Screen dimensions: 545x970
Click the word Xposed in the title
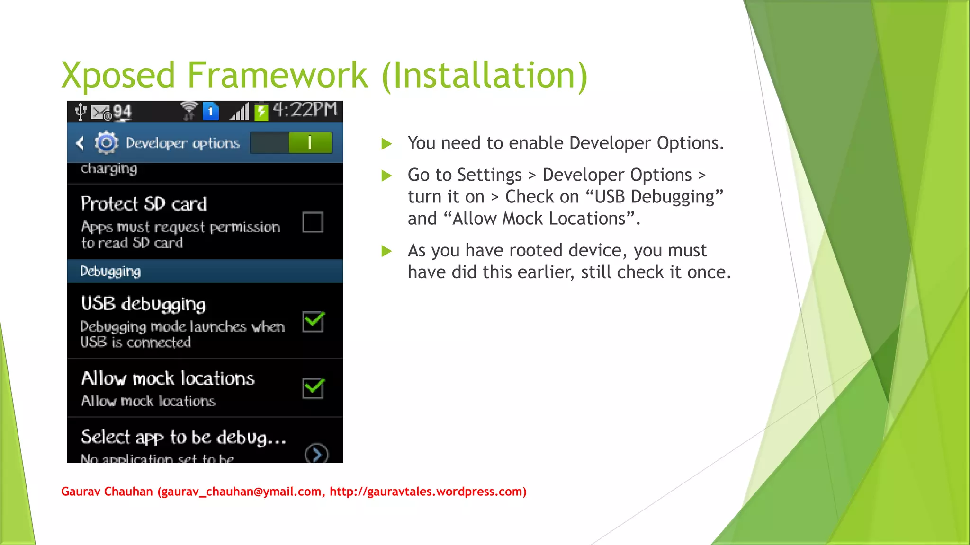[x=118, y=76]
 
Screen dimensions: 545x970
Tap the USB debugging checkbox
[x=313, y=322]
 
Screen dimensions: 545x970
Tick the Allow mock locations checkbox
[x=313, y=388]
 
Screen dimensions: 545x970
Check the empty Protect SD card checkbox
[x=313, y=222]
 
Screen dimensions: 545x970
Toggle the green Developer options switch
[x=291, y=142]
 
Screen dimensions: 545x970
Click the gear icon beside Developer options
[x=106, y=142]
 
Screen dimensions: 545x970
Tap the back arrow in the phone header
[x=80, y=143]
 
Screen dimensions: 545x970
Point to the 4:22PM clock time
[x=305, y=110]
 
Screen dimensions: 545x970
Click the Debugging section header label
[x=110, y=272]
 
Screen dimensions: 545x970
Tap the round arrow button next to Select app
[x=317, y=454]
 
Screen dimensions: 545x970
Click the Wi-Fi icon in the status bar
[x=189, y=111]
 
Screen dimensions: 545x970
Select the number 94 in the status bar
[x=122, y=112]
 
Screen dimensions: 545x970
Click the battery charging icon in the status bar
[x=261, y=112]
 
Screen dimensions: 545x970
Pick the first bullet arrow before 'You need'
[x=387, y=144]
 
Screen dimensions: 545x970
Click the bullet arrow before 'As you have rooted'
[x=387, y=251]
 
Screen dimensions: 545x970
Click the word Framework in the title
[x=278, y=76]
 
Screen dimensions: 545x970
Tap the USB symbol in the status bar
[x=81, y=112]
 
